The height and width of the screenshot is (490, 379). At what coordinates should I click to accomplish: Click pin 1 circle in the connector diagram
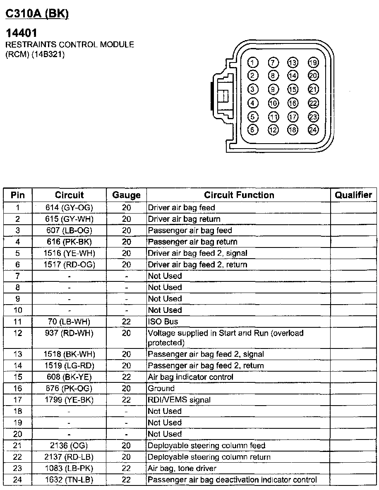(253, 63)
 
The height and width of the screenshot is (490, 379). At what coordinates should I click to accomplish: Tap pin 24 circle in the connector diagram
(313, 130)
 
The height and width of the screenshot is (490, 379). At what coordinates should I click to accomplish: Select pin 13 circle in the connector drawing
(293, 63)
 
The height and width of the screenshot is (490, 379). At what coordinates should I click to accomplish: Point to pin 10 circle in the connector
(273, 103)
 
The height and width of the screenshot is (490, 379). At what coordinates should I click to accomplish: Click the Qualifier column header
(353, 195)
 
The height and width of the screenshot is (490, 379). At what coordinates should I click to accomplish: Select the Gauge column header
(126, 195)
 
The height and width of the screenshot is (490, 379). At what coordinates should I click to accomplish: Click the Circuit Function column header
(239, 195)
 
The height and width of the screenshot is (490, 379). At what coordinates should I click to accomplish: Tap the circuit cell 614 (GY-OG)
(69, 208)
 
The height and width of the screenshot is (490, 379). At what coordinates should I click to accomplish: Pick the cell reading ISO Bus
(163, 322)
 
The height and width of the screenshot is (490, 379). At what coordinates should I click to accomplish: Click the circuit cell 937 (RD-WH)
(69, 333)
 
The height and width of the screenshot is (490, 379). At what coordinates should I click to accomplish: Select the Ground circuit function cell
(161, 389)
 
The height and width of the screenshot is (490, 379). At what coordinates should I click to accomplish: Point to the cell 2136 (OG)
(69, 446)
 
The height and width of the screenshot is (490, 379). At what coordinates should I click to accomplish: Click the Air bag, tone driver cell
(182, 468)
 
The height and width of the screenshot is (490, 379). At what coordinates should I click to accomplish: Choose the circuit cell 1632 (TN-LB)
(69, 480)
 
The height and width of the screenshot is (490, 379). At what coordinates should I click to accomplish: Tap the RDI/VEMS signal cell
(179, 400)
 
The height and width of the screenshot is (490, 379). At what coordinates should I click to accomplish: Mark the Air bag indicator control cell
(190, 377)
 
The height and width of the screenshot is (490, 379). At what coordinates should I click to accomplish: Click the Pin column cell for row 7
(18, 276)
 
